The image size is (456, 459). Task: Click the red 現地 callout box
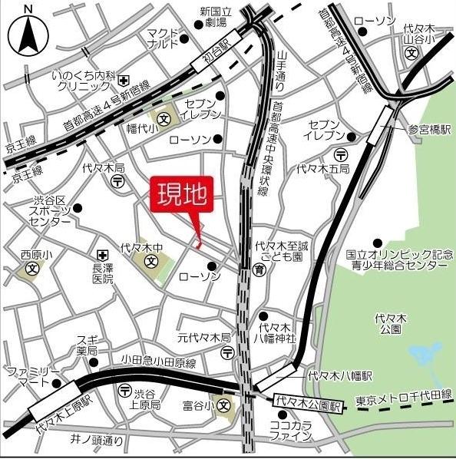click(x=183, y=195)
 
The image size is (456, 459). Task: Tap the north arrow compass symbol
click(x=28, y=33)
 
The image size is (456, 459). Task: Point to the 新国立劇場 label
click(x=216, y=18)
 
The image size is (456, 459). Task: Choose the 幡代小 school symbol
click(x=165, y=119)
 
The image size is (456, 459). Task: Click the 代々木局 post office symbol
click(x=117, y=181)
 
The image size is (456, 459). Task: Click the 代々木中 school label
click(x=143, y=249)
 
